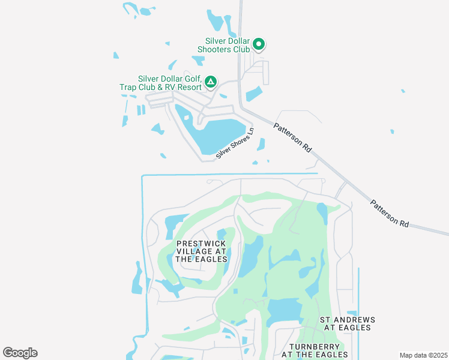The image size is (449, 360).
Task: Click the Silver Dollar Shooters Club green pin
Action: tap(259, 43)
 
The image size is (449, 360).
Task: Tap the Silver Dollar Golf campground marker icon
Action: tap(211, 82)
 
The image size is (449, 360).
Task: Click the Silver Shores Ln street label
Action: tap(236, 144)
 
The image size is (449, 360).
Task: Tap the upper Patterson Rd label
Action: tap(293, 137)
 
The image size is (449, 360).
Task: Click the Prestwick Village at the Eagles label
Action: tap(202, 251)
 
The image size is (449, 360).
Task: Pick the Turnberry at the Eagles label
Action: tap(315, 351)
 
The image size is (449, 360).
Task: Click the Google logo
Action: tap(20, 353)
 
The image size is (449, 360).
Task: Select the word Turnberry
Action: tap(315, 347)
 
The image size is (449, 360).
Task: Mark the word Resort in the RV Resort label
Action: tap(187, 86)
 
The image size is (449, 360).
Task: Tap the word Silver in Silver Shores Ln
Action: tap(225, 152)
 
